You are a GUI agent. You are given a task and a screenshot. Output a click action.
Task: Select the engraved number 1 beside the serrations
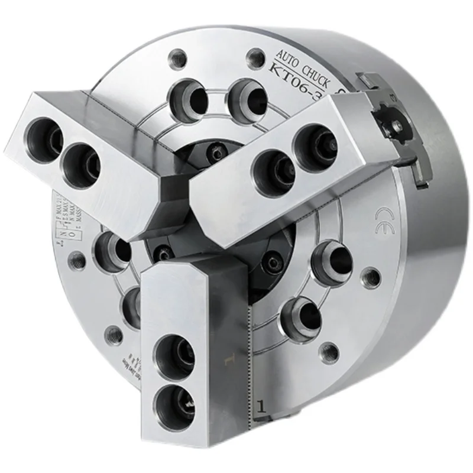[x=260, y=406]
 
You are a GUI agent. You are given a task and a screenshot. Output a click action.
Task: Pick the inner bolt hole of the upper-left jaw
[x=82, y=162]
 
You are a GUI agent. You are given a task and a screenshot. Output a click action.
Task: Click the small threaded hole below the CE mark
[x=371, y=276]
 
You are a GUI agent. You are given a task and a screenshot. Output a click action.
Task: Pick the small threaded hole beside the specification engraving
[x=76, y=258]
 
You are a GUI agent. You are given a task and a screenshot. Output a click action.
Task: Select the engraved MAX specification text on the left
[x=64, y=214]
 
